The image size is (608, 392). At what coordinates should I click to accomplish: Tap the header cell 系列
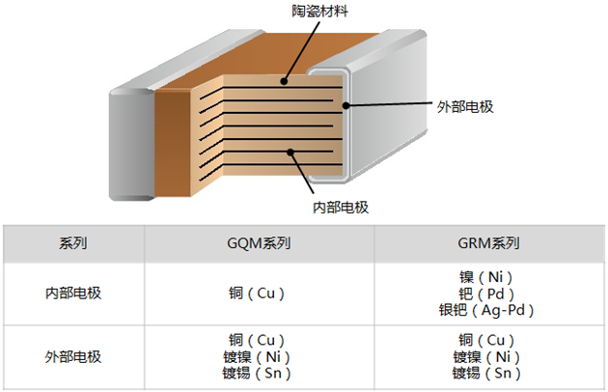tap(73, 243)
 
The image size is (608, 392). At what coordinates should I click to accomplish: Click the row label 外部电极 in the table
tap(73, 356)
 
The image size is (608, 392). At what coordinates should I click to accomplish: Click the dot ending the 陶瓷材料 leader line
tap(286, 83)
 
